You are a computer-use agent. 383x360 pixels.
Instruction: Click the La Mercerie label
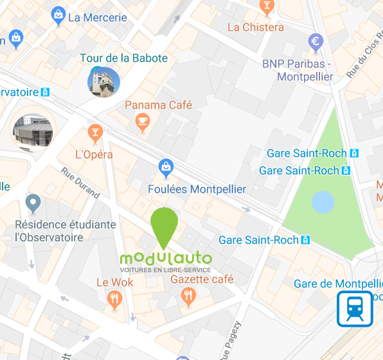click(97, 17)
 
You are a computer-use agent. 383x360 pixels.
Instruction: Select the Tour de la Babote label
click(123, 58)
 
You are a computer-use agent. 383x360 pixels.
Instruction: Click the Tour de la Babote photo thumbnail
click(103, 82)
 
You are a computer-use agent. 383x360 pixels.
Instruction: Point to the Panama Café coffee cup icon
click(142, 120)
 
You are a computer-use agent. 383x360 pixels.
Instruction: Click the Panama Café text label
click(159, 105)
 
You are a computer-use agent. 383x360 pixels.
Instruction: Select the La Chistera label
click(255, 27)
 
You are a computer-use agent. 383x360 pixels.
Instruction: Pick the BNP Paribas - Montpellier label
click(298, 70)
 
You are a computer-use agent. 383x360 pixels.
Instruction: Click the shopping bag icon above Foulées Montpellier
click(166, 169)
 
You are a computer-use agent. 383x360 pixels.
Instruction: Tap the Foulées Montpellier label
click(197, 189)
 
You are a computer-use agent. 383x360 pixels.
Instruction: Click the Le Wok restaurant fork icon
click(115, 298)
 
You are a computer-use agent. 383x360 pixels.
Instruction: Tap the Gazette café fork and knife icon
click(188, 296)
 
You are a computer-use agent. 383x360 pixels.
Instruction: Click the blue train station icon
click(355, 309)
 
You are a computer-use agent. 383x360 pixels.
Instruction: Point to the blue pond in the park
click(323, 203)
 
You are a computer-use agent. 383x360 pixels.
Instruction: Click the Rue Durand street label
click(81, 183)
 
